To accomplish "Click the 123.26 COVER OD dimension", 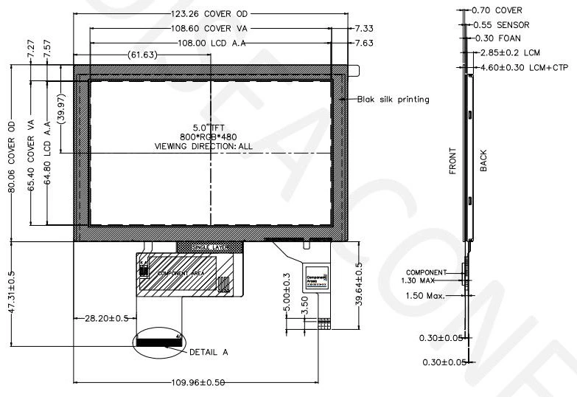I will tap(211, 13).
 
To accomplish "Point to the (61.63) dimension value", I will tap(141, 55).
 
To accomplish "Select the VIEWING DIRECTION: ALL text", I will tap(203, 146).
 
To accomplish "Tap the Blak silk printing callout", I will tap(393, 99).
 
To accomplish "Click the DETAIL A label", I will tap(209, 352).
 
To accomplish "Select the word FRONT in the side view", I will tap(453, 159).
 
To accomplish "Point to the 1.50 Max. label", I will tap(424, 296).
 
